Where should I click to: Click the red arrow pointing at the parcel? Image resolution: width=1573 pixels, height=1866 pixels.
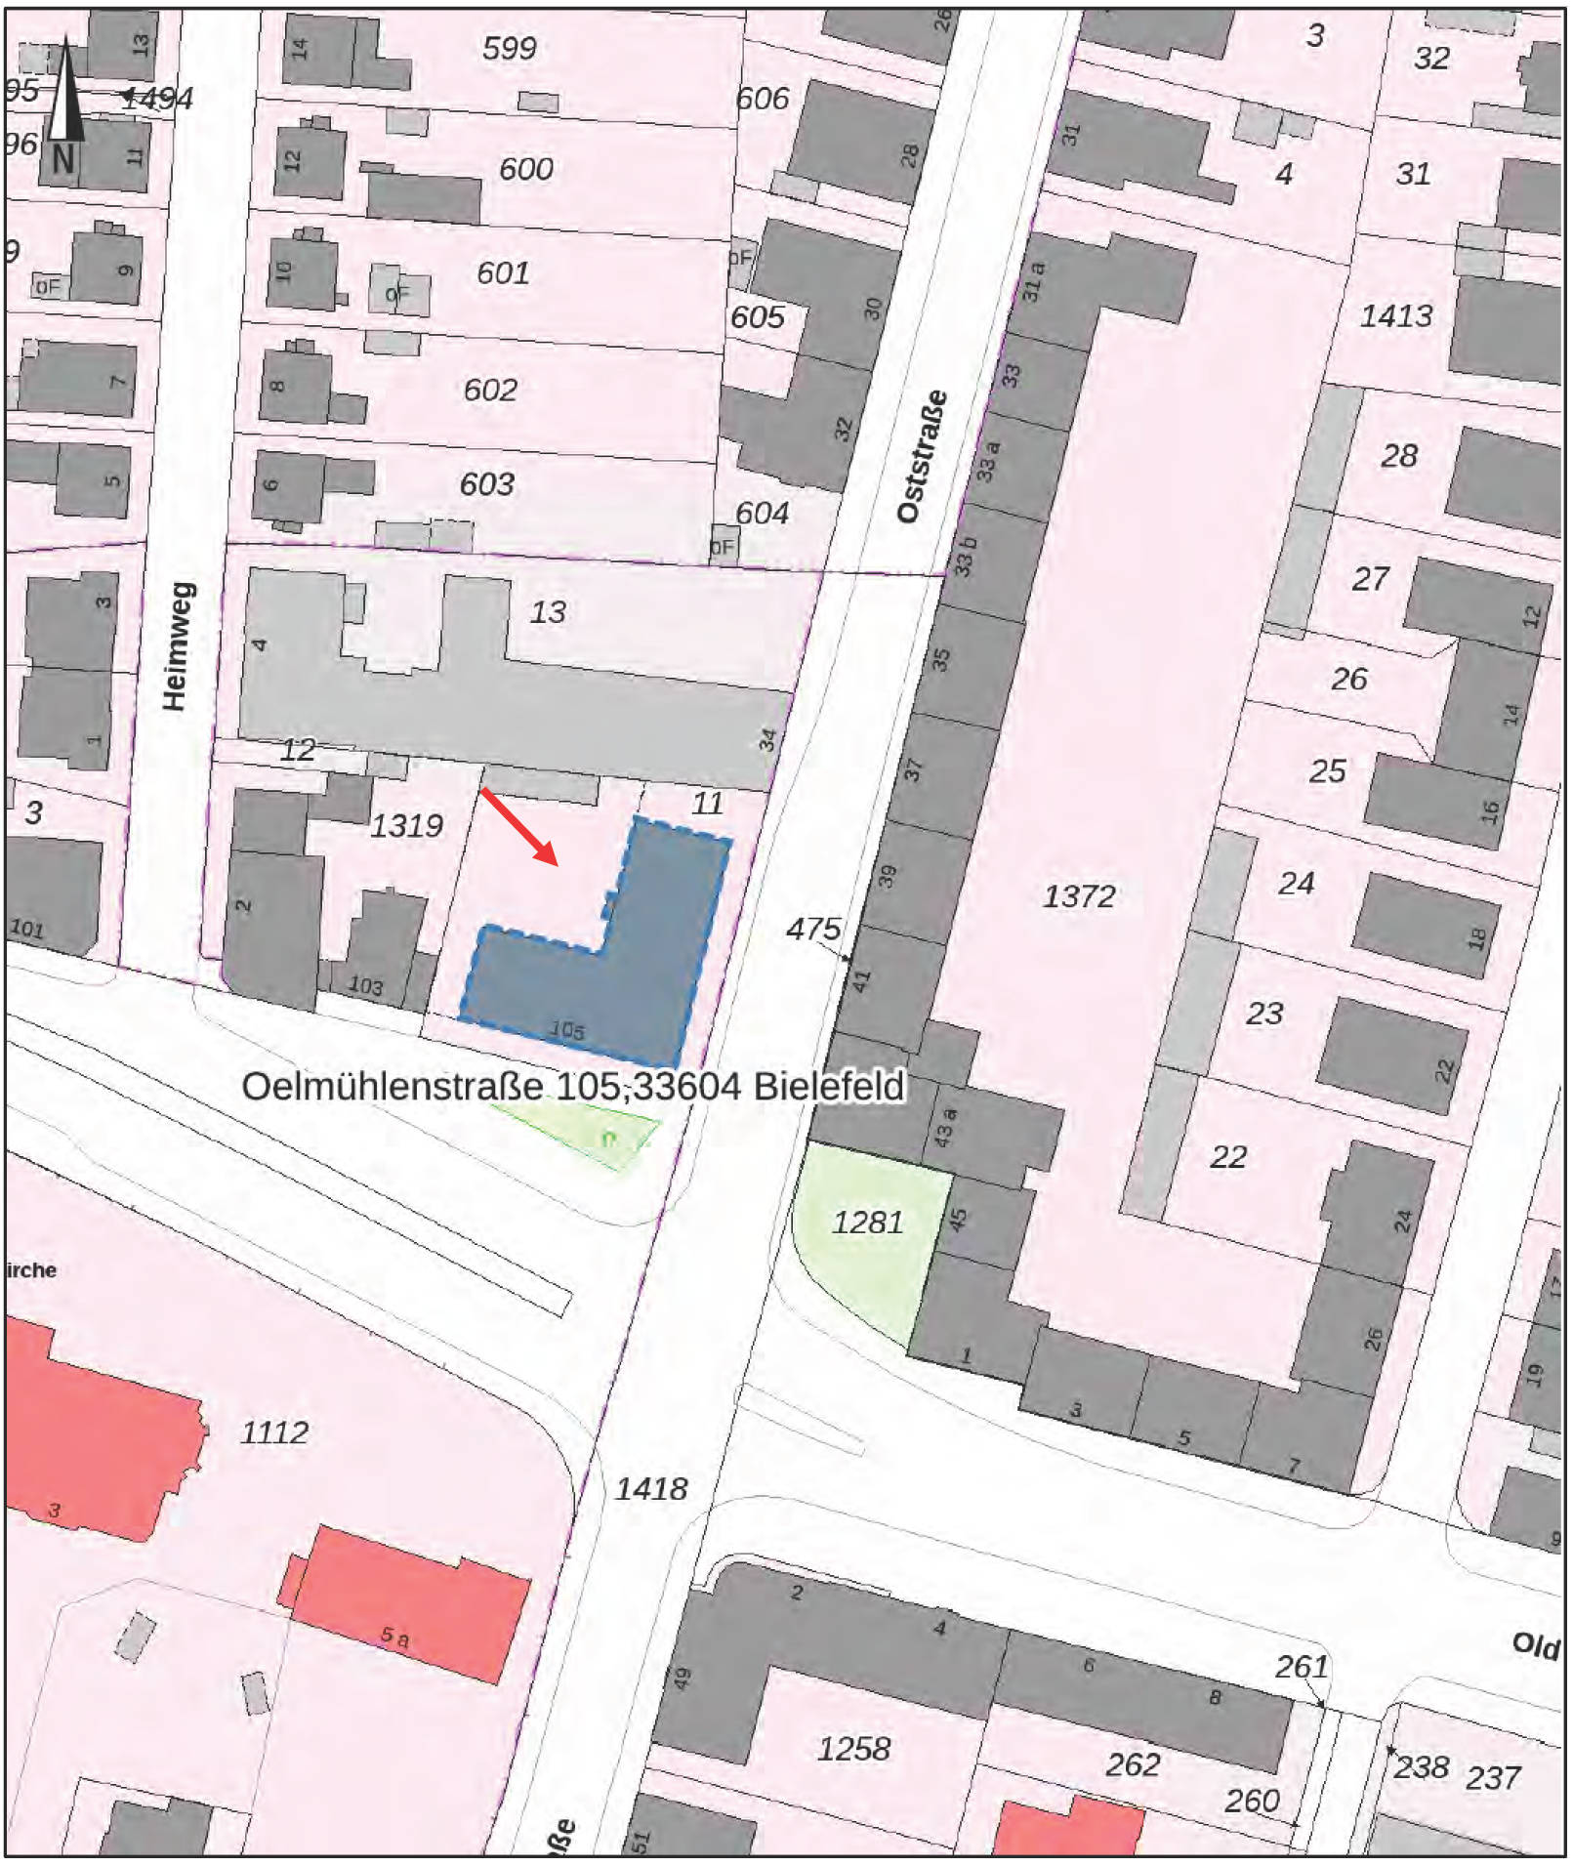point(519,827)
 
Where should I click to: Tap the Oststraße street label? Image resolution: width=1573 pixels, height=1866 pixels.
point(922,456)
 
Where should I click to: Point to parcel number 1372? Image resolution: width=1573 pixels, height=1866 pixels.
point(1078,896)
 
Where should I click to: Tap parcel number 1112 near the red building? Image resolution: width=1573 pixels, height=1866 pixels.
point(274,1432)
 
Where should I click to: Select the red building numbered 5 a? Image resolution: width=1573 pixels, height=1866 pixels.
point(410,1606)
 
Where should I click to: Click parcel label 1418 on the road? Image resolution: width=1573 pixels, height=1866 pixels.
point(650,1489)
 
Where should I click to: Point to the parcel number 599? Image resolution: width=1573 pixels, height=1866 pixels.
point(509,47)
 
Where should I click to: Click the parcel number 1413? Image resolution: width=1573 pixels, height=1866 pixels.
point(1395,315)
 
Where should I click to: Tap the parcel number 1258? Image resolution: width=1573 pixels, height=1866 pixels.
point(853,1749)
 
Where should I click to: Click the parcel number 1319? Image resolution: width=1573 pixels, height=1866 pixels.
point(406,826)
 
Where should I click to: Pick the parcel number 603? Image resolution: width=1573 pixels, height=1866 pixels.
point(486,483)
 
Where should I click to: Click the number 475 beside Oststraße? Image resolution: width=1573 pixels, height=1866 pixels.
point(812,928)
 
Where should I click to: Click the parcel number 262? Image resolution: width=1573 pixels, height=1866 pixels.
point(1133,1764)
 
